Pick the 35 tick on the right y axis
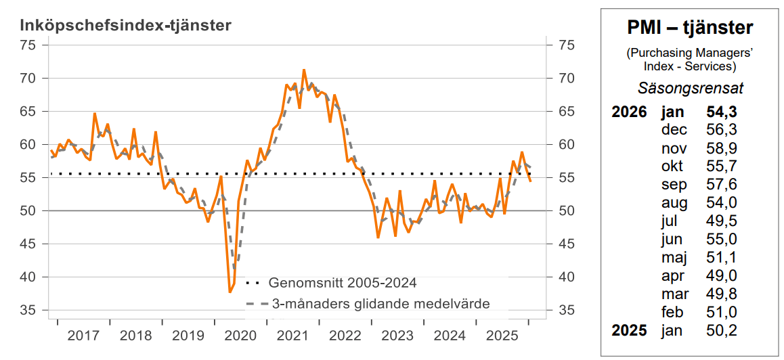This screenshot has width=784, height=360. click(x=567, y=311)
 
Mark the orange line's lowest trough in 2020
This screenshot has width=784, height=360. click(x=230, y=292)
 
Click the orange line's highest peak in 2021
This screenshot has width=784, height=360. click(x=303, y=70)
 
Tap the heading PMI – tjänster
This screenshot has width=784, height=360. click(x=689, y=28)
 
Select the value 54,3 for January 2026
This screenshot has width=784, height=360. click(x=722, y=112)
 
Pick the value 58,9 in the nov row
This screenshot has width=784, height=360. click(x=722, y=148)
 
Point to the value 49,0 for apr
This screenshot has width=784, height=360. click(x=722, y=275)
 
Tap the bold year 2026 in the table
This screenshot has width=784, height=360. click(x=629, y=112)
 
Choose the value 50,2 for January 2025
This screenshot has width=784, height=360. click(x=722, y=330)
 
